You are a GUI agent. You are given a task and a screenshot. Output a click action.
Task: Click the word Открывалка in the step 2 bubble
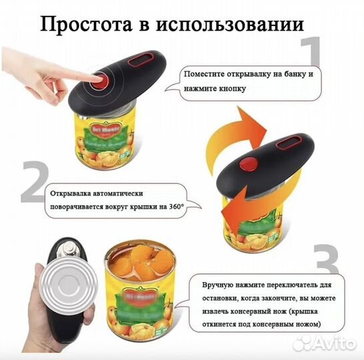coord(74,194)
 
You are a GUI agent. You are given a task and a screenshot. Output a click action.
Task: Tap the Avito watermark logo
coord(327,343)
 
